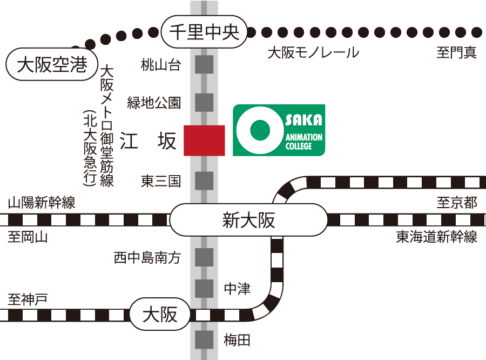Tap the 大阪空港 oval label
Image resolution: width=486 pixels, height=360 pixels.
(51, 66)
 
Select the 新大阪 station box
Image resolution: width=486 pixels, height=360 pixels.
(248, 220)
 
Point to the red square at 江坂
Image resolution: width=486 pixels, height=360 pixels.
(204, 141)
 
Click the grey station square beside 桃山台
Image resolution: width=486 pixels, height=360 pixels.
(204, 65)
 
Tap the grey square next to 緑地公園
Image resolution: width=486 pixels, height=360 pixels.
(204, 102)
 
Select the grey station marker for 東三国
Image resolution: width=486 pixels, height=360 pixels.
(204, 180)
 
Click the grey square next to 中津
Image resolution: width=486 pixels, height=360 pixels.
(204, 289)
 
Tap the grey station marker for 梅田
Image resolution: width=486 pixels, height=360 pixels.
(204, 340)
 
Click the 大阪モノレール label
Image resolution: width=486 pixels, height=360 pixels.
(313, 53)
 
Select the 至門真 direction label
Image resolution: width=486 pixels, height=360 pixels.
(457, 53)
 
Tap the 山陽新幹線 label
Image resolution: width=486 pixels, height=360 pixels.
(42, 203)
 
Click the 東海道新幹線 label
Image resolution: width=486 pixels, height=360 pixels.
(436, 237)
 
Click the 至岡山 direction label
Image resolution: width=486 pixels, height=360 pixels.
(28, 237)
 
